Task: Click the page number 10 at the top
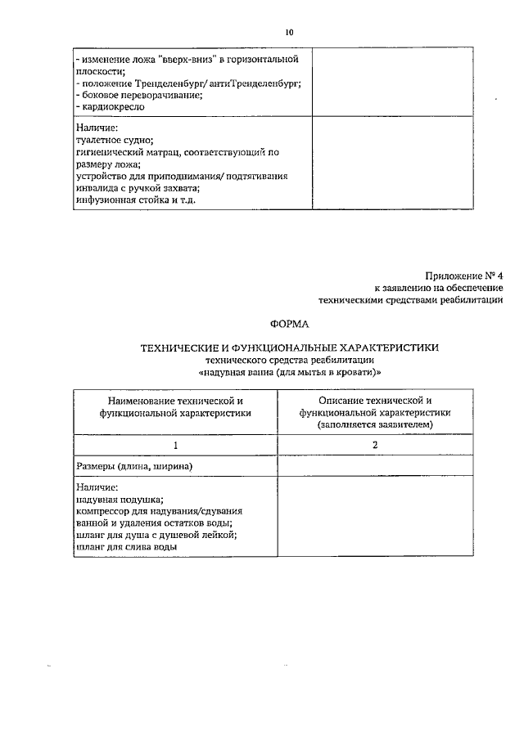coord(289,33)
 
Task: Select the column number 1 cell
coord(174,445)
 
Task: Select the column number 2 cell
coord(375,445)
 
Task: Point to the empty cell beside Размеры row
coord(375,465)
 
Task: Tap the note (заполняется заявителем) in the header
coord(375,425)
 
